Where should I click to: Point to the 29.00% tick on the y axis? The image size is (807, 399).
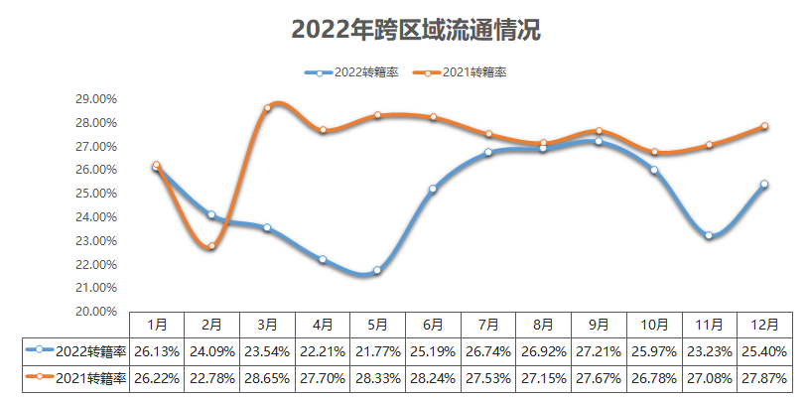[95, 99]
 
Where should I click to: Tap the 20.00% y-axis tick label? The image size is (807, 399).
[95, 311]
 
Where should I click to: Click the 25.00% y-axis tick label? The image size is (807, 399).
[95, 194]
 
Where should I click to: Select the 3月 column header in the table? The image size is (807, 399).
[267, 324]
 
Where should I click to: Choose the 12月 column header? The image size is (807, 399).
[764, 324]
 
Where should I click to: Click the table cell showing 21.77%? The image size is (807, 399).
[377, 351]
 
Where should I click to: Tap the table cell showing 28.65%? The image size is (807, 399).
[267, 379]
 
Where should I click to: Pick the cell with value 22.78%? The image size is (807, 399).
[211, 379]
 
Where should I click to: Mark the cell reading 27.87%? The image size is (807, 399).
[764, 379]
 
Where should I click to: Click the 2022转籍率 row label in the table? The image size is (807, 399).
[78, 351]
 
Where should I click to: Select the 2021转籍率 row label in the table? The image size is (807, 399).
[78, 379]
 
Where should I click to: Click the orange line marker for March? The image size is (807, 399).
[267, 107]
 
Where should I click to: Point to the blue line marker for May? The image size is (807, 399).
[377, 270]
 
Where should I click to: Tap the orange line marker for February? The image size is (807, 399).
[211, 245]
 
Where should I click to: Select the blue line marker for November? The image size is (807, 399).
[709, 235]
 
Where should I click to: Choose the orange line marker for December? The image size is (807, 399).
[764, 126]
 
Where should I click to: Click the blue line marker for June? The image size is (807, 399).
[433, 189]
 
